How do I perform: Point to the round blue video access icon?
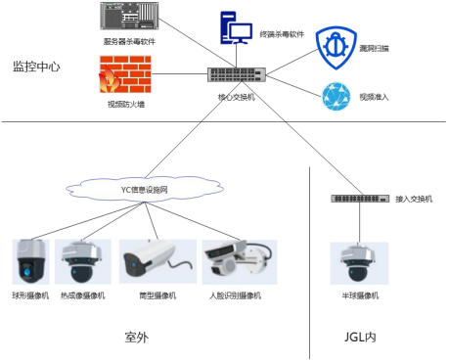(337, 96)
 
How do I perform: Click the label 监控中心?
(36, 68)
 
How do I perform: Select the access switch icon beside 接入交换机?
(358, 199)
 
